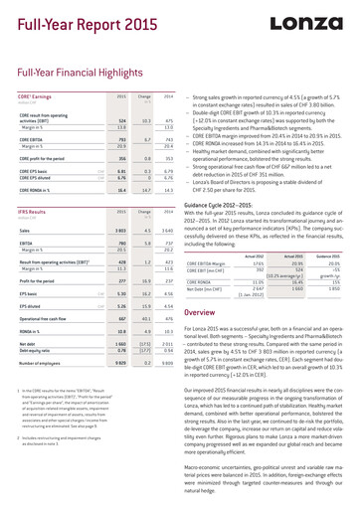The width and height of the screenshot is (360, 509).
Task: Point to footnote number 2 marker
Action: pos(20,436)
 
